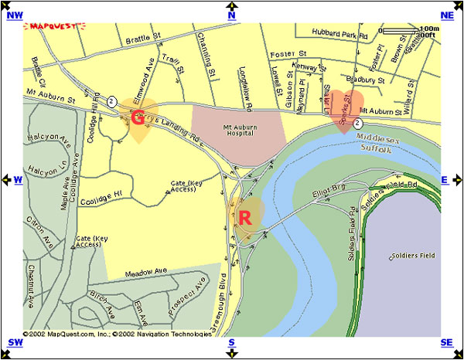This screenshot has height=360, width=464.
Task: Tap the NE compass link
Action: pyautogui.click(x=447, y=15)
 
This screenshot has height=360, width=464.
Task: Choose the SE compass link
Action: pyautogui.click(x=446, y=342)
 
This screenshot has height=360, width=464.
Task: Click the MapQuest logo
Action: pyautogui.click(x=53, y=26)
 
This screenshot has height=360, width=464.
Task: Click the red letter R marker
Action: pyautogui.click(x=245, y=218)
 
